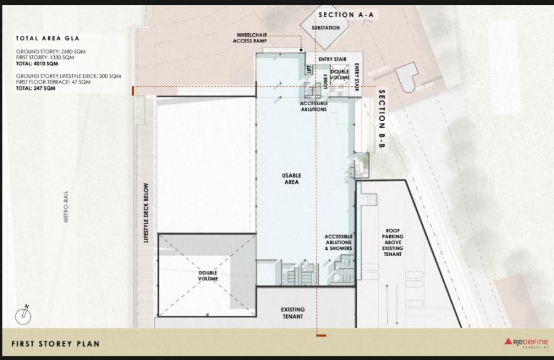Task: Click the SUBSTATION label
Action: click(x=325, y=28)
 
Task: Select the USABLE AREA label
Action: click(x=292, y=179)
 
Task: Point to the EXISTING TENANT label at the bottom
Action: click(x=293, y=313)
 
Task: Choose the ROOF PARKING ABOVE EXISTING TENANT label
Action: click(x=393, y=242)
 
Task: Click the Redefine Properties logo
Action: click(x=526, y=343)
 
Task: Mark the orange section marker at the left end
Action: click(x=132, y=92)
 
